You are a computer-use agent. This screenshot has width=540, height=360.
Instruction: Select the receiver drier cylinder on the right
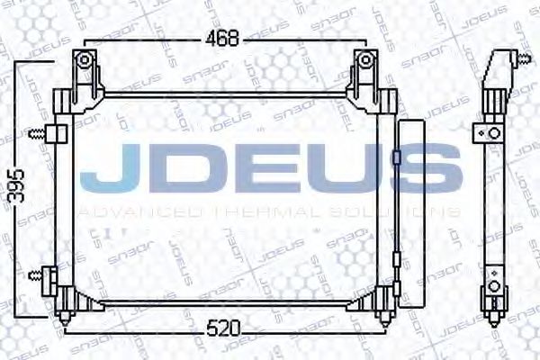click(x=409, y=216)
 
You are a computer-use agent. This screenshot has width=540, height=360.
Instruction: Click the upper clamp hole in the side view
click(x=493, y=133)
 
